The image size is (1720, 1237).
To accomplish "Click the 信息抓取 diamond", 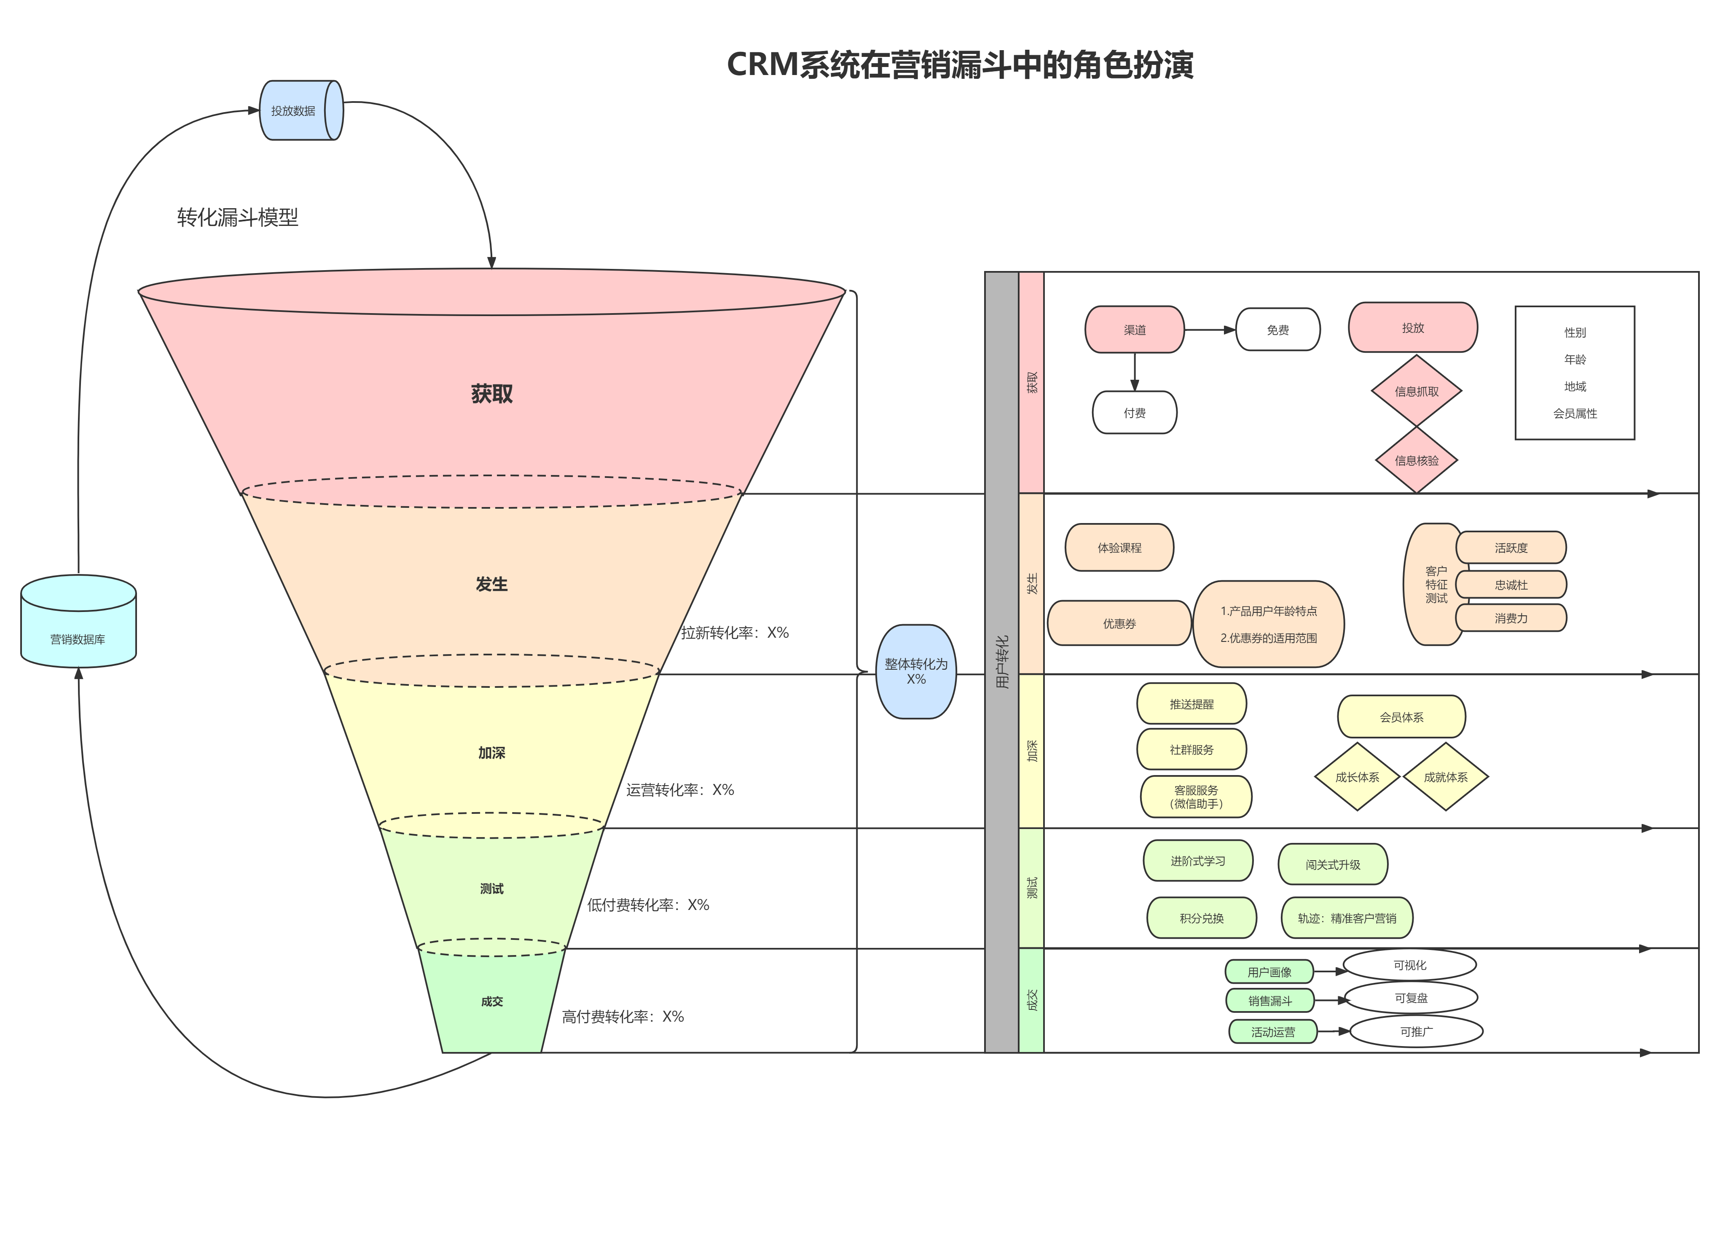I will [x=1415, y=392].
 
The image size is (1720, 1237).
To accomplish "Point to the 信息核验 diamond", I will [x=1415, y=460].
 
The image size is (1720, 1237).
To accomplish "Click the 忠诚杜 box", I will [x=1510, y=585].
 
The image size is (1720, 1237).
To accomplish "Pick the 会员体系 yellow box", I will [x=1401, y=717].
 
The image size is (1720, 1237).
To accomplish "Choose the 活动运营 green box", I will [x=1272, y=1032].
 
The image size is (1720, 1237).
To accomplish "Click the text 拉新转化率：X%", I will [x=734, y=633].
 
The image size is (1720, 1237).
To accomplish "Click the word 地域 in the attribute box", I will [x=1575, y=387].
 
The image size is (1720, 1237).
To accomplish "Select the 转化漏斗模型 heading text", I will [x=237, y=217].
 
